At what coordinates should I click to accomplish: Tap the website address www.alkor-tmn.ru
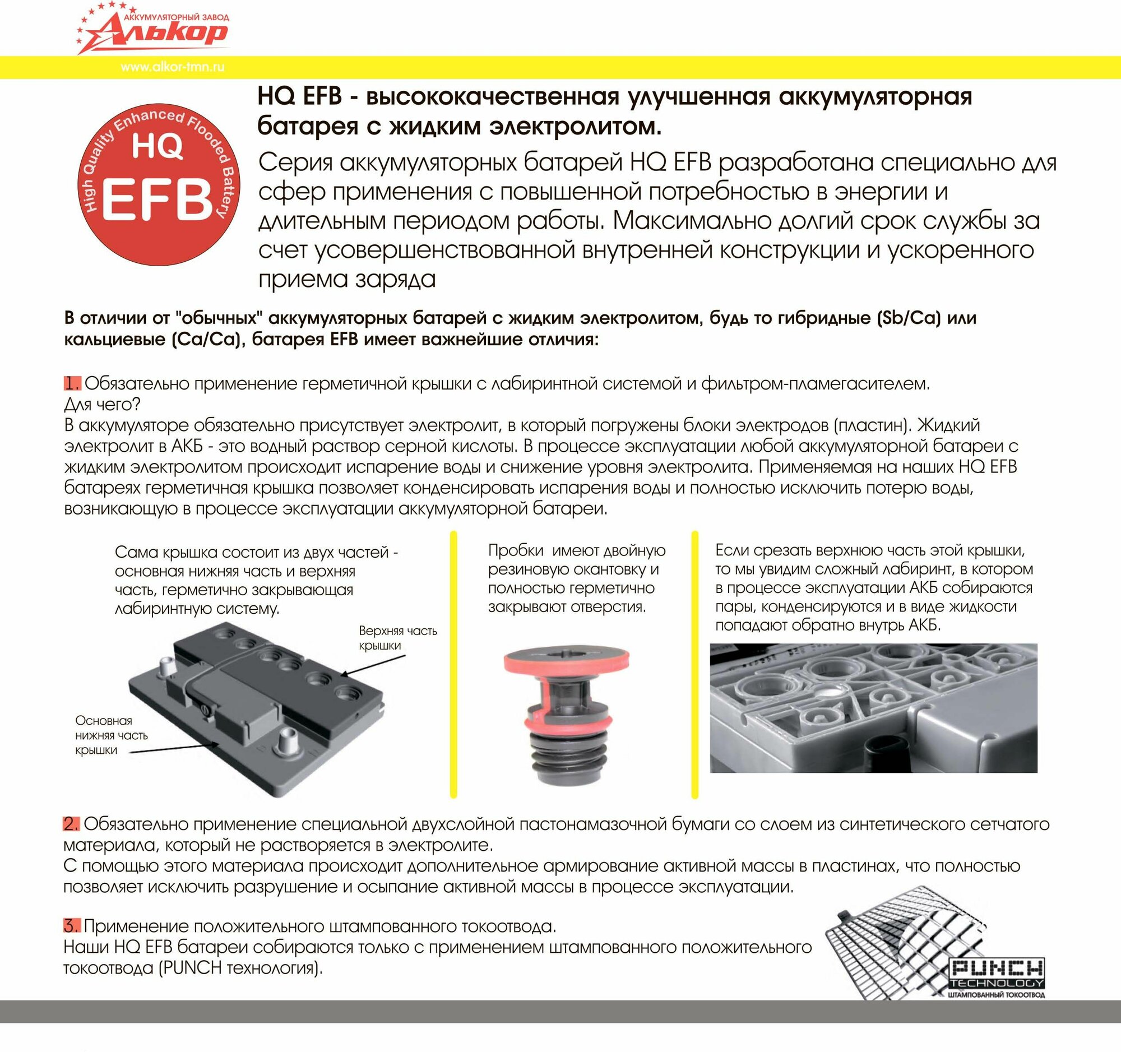[x=172, y=67]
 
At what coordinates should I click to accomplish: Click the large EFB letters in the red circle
[x=157, y=201]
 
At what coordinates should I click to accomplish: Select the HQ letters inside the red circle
[x=158, y=147]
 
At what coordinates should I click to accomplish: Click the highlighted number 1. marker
[x=72, y=384]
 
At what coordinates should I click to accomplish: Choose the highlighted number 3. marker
[x=72, y=926]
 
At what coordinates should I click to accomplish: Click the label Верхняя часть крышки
[x=397, y=638]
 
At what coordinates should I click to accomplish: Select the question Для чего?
[x=102, y=404]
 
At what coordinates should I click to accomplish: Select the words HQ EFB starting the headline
[x=299, y=96]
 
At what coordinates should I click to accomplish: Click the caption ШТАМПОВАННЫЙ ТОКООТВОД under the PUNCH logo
[x=997, y=994]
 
